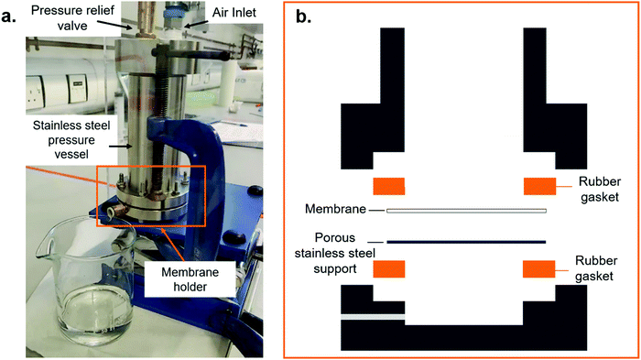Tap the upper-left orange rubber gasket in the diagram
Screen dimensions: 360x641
point(388,186)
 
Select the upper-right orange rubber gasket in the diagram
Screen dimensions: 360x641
point(538,186)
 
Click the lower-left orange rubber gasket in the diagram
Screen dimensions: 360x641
point(388,269)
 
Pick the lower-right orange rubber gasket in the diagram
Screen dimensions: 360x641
point(538,269)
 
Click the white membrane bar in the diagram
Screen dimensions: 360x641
point(466,212)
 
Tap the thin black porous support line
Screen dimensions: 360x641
point(466,242)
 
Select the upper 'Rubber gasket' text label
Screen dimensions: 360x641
point(599,189)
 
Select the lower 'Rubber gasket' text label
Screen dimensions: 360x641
point(599,270)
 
